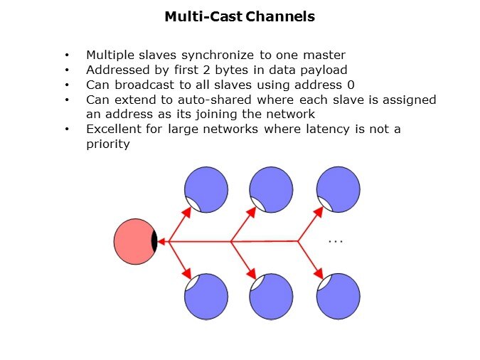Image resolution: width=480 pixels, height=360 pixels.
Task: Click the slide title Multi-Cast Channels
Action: coord(240,16)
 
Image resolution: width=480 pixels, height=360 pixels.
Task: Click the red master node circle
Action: coord(134,242)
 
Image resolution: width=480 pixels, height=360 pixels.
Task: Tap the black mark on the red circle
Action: coord(154,242)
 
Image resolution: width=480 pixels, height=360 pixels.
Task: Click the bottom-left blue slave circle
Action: coord(207,296)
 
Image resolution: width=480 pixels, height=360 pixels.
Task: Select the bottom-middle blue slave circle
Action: coord(271,296)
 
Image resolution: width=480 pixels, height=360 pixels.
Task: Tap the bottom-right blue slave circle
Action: coord(338,296)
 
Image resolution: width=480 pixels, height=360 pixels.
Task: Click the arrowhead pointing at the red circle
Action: coord(162,242)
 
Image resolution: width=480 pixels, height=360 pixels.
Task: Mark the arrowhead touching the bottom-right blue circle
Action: coord(320,275)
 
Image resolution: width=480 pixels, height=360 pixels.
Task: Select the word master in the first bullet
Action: coord(326,55)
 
